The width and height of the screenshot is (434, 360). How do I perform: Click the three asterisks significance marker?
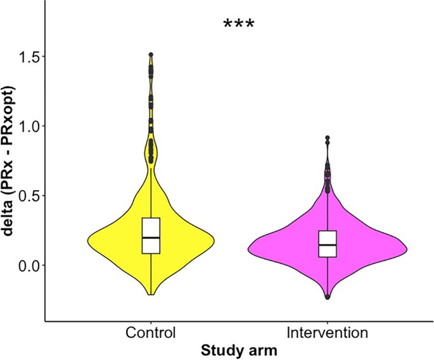pos(239,25)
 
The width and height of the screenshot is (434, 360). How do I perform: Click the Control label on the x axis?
pos(151,333)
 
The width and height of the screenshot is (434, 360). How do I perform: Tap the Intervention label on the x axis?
pos(327,333)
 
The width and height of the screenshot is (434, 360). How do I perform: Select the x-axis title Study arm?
pos(239,350)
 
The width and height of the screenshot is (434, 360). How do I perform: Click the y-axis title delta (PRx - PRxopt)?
pos(10,161)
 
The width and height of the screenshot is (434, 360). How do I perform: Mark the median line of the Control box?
pos(151,238)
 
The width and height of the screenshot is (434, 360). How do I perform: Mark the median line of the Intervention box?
pos(328,245)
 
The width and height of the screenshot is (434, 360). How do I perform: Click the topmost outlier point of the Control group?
pos(151,55)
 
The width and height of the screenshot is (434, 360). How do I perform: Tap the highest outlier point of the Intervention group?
pos(328,138)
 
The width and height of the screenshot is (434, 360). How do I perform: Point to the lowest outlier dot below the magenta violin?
pos(328,297)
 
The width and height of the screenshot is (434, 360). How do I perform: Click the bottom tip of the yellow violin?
pos(151,294)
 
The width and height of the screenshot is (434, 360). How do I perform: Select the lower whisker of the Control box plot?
pos(151,273)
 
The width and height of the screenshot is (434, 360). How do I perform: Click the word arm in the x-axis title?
pos(265,350)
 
